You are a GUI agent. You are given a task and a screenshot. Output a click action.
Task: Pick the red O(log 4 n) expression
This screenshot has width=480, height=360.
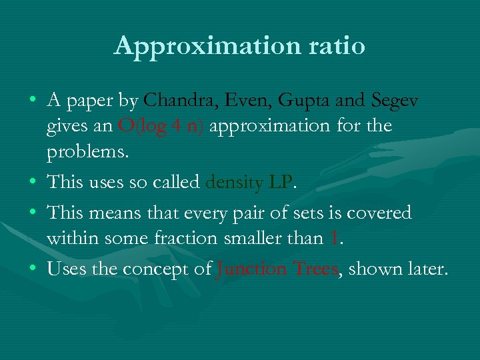pos(161,125)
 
